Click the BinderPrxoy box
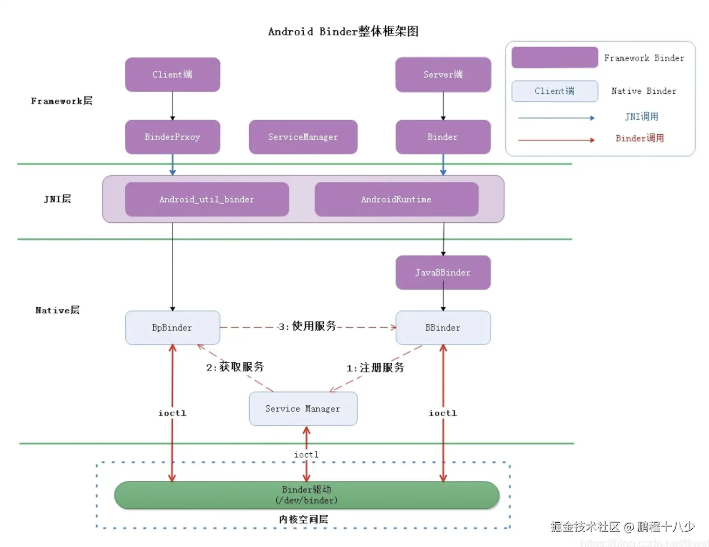tap(172, 137)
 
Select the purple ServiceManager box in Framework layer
tap(303, 137)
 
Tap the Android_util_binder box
tap(207, 200)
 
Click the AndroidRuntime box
tap(396, 200)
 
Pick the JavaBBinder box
tap(443, 273)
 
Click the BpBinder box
tap(172, 328)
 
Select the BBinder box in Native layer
tap(443, 328)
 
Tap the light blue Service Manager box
tap(303, 409)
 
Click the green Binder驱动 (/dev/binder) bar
tap(307, 495)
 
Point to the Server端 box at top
tap(443, 75)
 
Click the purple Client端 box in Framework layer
tap(172, 75)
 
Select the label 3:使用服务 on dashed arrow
tap(307, 326)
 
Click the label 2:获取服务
tap(235, 367)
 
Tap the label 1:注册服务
tap(375, 368)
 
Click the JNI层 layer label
tap(57, 199)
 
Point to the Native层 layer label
tap(57, 311)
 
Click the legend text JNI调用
tap(641, 117)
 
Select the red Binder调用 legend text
tap(640, 138)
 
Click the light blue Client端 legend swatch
tap(554, 91)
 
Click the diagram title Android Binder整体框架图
tap(343, 32)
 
